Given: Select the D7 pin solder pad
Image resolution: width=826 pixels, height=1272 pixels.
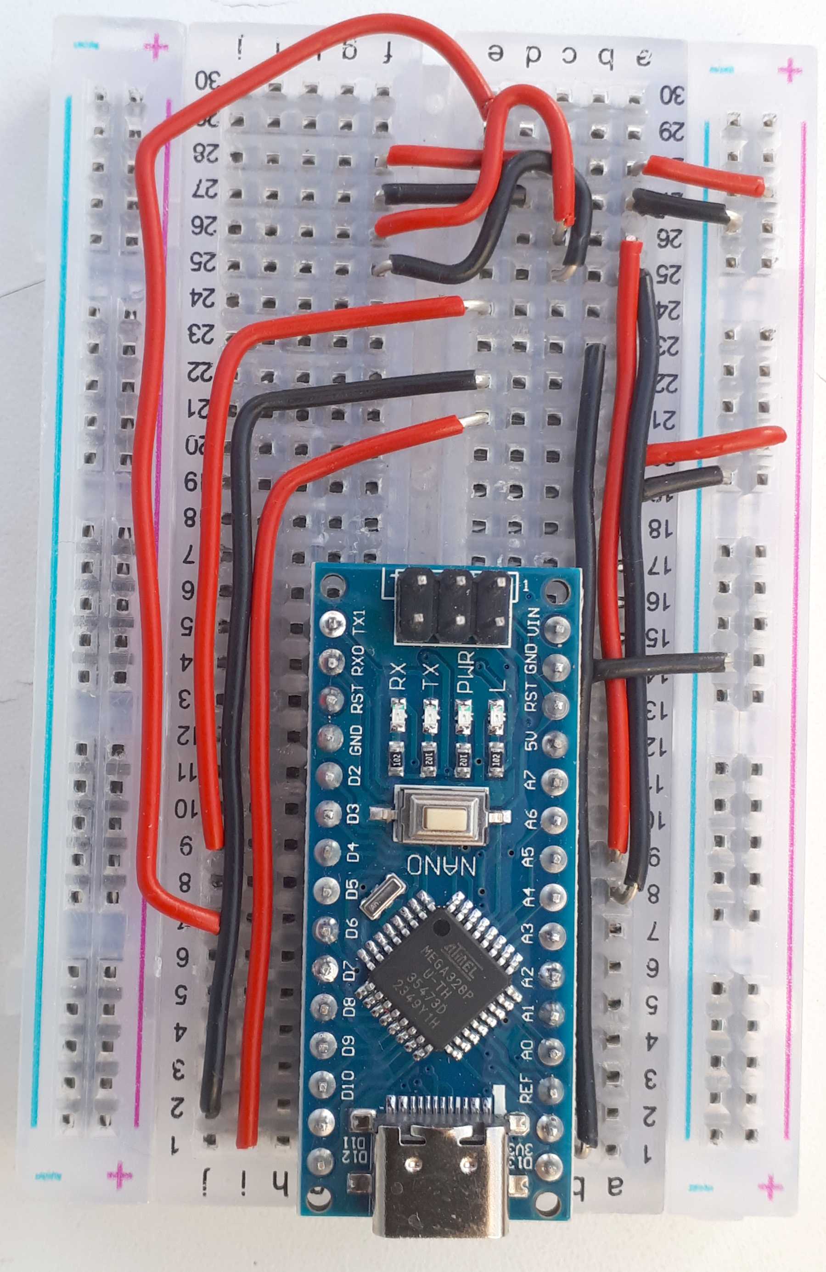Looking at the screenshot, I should pos(326,966).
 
